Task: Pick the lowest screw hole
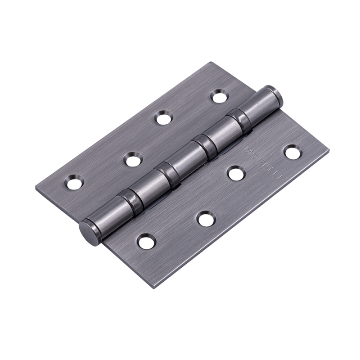point(147,240)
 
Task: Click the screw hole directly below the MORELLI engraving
point(237,174)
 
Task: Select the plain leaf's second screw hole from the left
point(133,159)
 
